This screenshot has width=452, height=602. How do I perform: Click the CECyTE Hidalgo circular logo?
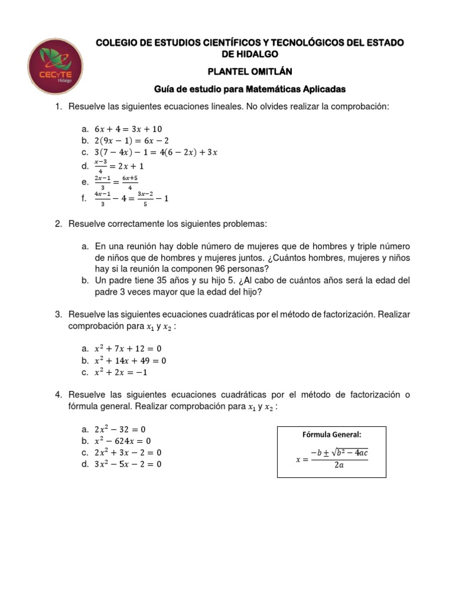coord(56,66)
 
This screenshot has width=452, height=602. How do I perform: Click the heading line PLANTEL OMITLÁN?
coord(250,71)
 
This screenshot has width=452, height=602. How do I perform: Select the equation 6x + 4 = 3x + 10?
coord(128,129)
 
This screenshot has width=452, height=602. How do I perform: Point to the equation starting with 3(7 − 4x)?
coord(156,152)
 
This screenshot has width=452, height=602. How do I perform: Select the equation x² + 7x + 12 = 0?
coord(128,349)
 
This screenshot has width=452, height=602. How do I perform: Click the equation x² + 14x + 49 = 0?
coord(130,360)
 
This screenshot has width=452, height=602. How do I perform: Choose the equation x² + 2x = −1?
coord(121,372)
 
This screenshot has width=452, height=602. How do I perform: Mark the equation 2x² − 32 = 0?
coord(119,429)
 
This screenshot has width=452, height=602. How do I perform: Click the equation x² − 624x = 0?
coord(122,441)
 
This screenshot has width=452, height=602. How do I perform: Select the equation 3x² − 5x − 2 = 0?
coord(128,464)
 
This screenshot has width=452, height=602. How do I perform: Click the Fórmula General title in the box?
coord(331,434)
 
